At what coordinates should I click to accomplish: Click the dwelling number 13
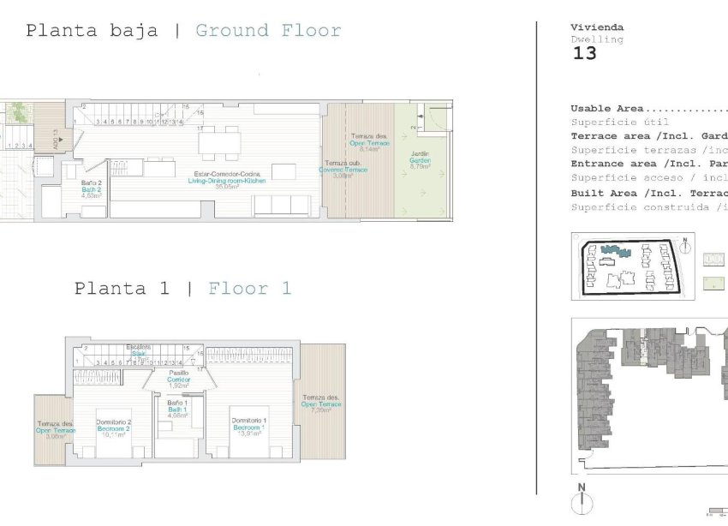point(583,53)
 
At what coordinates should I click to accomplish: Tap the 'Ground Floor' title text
point(268,31)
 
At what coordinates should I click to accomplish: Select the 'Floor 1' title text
point(249,289)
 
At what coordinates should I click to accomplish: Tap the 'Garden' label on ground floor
point(420,161)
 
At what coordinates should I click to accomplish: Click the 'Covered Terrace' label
point(343,170)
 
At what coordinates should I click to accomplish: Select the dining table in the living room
point(219,142)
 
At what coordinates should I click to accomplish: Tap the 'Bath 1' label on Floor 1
point(177,410)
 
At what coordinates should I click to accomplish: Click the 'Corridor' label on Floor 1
point(178,379)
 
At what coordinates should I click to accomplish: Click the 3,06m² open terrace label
point(55,431)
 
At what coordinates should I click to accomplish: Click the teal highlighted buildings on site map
point(614,251)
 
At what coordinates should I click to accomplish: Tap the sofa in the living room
point(283,206)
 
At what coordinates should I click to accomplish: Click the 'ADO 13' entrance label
point(57,139)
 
